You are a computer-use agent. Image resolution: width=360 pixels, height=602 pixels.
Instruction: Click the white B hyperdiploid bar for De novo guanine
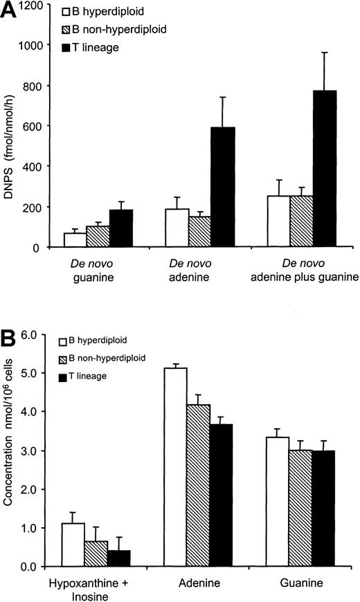55,239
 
